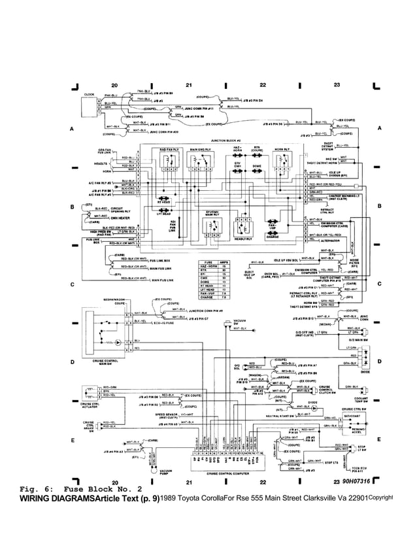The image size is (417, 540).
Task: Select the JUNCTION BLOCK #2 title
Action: [x=226, y=141]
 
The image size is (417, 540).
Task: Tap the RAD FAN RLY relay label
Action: [x=170, y=150]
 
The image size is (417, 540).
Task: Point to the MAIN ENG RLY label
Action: [x=200, y=150]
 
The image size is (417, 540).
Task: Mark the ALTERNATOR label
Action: [x=337, y=241]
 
